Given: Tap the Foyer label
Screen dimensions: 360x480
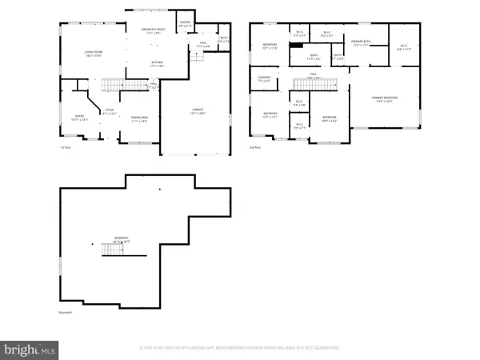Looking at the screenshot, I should (110, 113).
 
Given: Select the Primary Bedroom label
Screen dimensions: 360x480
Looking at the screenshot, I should (384, 100).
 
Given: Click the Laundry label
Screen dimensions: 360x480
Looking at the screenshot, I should (265, 79).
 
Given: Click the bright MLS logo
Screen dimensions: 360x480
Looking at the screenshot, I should (30, 349).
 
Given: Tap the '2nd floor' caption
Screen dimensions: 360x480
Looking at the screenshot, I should (256, 147).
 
